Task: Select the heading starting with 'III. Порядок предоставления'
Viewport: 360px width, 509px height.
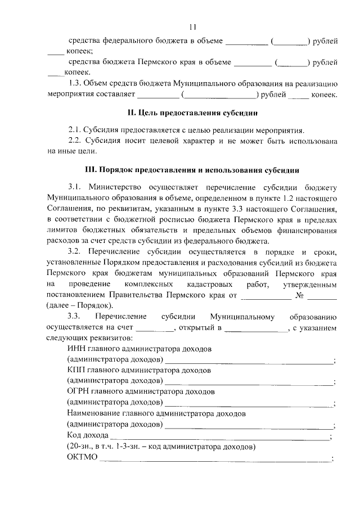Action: [x=192, y=169]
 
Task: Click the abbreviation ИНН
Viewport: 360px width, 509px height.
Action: [x=76, y=349]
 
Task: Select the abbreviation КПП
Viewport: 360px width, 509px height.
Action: [x=76, y=371]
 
